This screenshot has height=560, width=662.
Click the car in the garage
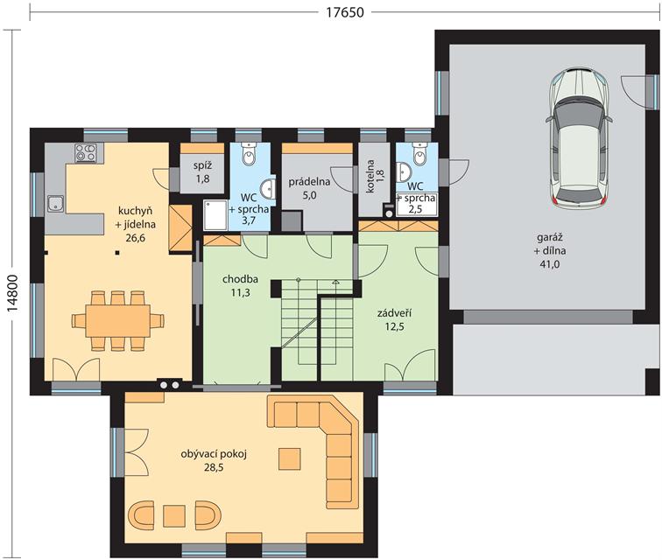580,138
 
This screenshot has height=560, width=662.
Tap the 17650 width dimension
344,12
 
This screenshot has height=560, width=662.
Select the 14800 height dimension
13,293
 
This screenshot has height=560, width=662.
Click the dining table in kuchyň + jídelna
118,321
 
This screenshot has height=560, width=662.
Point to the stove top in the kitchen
85,153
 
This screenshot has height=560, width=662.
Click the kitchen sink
55,204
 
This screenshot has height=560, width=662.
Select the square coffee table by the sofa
290,459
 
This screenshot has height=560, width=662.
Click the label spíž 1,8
202,172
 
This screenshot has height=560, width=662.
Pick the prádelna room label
309,182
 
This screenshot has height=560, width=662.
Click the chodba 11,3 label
240,286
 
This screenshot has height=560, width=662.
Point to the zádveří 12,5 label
394,319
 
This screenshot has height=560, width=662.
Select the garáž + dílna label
550,250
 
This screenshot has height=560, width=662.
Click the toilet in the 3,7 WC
249,154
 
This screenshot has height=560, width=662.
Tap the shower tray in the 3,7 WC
215,215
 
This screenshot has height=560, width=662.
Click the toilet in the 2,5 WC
419,154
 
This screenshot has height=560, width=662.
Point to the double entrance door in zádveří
411,367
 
